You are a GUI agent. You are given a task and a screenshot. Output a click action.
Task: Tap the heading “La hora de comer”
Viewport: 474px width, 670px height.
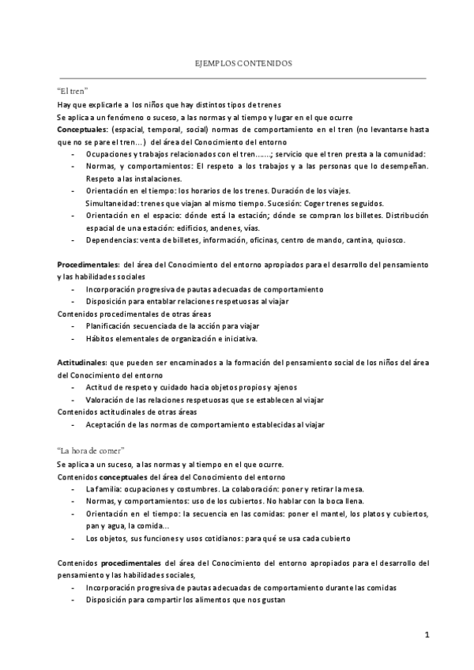coord(91,450)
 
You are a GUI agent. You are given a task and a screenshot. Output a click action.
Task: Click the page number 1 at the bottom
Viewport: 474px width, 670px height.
coord(426,634)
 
